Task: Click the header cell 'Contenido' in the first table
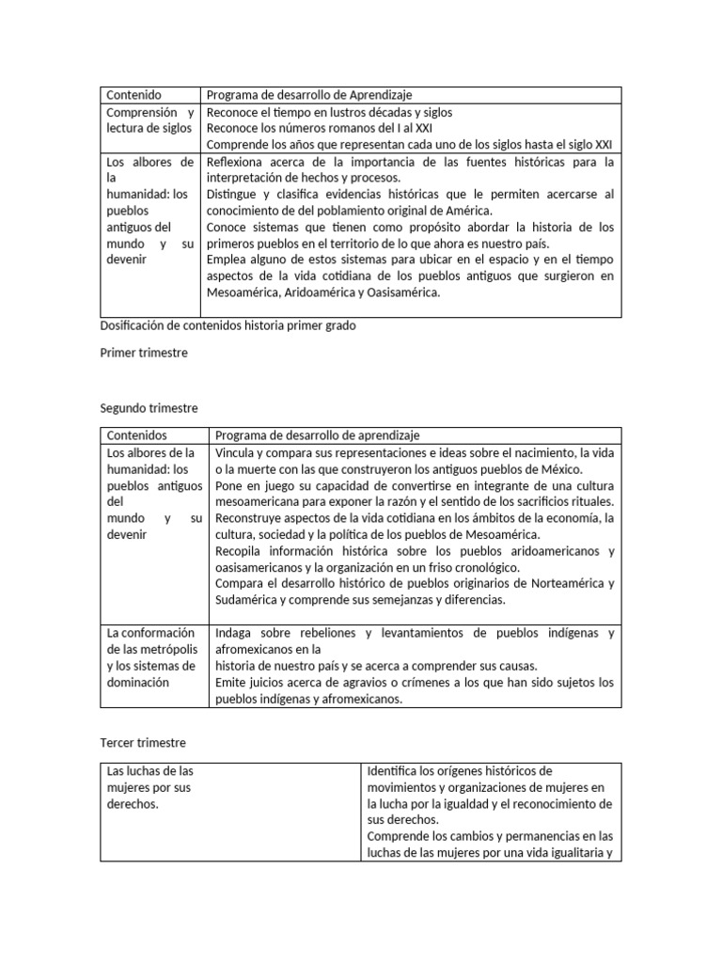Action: (x=133, y=95)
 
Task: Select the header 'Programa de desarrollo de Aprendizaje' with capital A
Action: (x=309, y=95)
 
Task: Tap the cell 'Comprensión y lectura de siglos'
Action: (x=149, y=119)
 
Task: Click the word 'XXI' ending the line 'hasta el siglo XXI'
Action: (x=603, y=144)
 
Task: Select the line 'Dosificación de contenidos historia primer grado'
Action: (x=228, y=325)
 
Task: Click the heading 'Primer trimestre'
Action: (x=144, y=353)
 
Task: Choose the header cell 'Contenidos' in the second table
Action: (x=136, y=435)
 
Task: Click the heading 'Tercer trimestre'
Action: (x=143, y=743)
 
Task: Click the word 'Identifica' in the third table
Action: (x=396, y=771)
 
